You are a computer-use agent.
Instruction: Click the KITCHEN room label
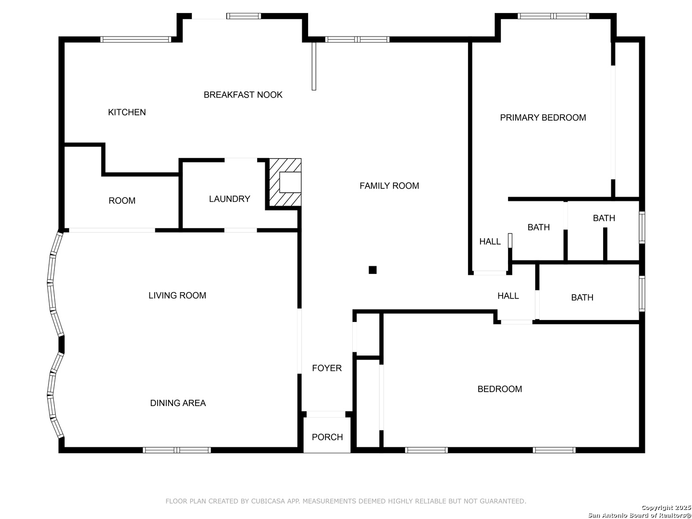127,112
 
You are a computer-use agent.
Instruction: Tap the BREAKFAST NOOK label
243,95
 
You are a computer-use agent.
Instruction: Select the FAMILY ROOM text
389,186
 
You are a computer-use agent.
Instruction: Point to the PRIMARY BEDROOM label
543,118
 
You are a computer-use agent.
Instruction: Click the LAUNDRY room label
229,199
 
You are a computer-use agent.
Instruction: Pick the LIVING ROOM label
177,296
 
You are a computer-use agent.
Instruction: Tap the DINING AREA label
178,403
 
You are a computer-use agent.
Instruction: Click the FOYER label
327,368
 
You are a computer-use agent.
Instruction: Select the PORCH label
327,437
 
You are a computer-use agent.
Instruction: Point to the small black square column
372,270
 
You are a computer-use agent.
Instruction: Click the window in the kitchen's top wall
136,39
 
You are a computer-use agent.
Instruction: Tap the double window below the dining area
176,450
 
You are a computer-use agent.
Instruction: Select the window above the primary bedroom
553,16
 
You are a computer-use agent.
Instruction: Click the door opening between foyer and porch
326,414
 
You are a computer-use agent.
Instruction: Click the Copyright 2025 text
666,507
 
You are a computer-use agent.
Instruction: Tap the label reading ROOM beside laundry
122,201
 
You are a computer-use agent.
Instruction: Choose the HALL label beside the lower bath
508,296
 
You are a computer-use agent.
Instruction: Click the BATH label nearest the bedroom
582,297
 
